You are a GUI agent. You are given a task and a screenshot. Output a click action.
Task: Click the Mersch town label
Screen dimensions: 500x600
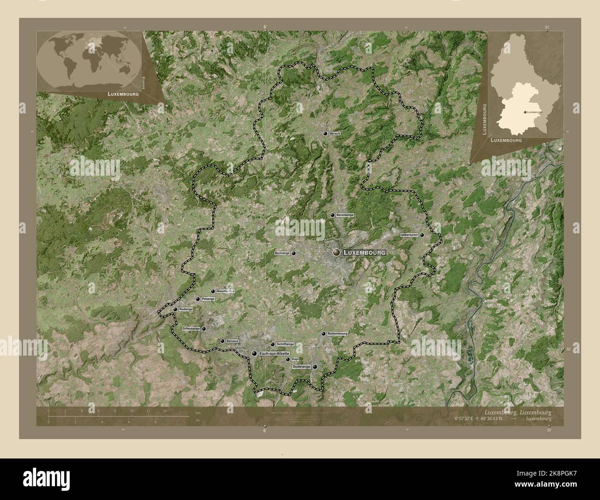335,134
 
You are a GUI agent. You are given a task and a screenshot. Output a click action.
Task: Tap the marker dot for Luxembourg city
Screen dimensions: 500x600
336,252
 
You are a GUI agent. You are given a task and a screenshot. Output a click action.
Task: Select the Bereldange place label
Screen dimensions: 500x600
345,215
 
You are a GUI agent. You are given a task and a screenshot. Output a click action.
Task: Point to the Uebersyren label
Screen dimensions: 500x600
409,235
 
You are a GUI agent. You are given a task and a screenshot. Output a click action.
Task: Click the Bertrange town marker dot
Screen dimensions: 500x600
294,253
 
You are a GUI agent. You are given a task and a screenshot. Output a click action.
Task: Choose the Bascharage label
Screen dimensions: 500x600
225,292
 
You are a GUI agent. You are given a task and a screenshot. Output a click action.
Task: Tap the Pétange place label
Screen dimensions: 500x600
208,299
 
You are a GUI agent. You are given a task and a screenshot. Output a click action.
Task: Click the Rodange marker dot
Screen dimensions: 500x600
175,310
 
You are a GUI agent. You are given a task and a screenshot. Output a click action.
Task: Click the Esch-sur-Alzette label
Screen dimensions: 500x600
274,353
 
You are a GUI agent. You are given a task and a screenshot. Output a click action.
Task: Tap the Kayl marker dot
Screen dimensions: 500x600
288,359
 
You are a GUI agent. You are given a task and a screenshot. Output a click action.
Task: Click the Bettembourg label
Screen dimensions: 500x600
337,333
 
